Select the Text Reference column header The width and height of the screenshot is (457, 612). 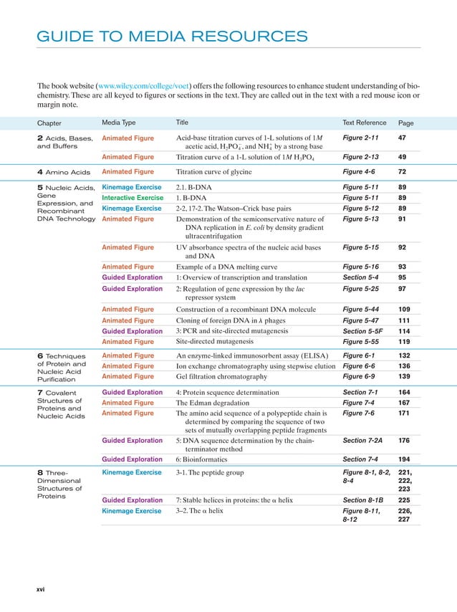(364, 123)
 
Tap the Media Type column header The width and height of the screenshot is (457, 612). (119, 123)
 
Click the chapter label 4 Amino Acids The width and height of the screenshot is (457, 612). (63, 173)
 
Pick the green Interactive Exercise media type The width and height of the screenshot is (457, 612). (133, 198)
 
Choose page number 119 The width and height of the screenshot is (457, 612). (404, 342)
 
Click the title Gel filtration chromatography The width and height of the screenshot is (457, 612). (221, 376)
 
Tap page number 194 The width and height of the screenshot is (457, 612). (404, 459)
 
